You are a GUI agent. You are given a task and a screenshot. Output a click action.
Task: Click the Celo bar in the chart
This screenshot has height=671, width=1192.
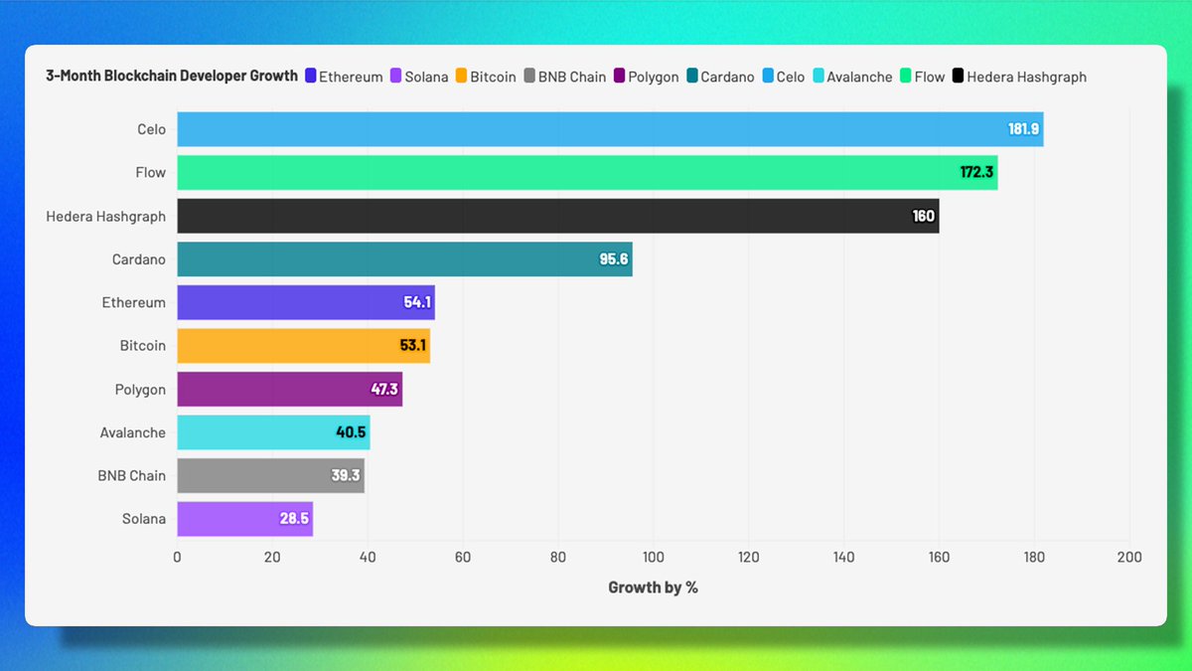coord(610,129)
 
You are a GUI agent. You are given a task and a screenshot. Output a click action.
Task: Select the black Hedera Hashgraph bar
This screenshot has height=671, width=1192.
coord(557,216)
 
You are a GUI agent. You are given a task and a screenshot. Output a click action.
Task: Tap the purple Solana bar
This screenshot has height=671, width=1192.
coord(244,519)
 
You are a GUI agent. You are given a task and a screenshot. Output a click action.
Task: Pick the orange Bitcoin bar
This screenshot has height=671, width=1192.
coord(303,346)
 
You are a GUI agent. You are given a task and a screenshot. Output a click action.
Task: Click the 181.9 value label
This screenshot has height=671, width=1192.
coord(1023,129)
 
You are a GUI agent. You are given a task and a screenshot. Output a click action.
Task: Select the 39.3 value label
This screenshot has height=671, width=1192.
coord(346,475)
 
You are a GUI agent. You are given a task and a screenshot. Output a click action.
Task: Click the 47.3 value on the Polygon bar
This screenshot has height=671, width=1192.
coord(384,389)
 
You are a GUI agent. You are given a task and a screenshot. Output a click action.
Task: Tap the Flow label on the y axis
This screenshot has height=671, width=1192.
coord(151,173)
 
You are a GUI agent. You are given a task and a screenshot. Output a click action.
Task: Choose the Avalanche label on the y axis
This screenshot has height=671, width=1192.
coord(133,432)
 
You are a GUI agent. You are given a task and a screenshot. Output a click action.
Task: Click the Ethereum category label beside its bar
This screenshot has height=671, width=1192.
coord(134,302)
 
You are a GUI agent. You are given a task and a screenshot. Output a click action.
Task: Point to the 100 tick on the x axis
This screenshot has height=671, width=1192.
coord(653,558)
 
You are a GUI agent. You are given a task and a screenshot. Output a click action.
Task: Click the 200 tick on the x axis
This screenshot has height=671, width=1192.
coord(1128,558)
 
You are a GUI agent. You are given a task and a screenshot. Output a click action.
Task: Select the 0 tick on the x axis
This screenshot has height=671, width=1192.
coord(177,558)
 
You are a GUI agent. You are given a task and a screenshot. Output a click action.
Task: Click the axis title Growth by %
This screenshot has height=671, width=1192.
coord(653,587)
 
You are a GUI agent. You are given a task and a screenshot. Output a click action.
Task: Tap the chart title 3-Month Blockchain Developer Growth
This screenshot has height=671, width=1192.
coord(172,76)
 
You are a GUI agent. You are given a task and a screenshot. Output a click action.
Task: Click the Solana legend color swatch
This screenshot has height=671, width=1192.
coord(395,77)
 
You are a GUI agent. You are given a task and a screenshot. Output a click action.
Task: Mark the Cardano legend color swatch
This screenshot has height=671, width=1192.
coord(691,77)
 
